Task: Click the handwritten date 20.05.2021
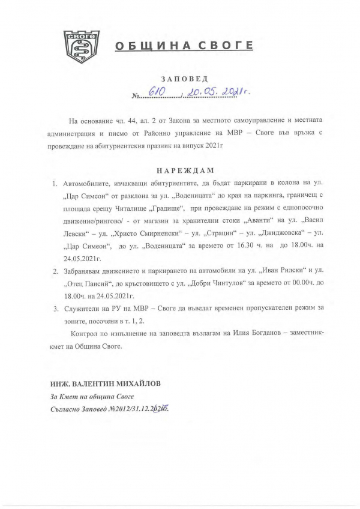point(210,91)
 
